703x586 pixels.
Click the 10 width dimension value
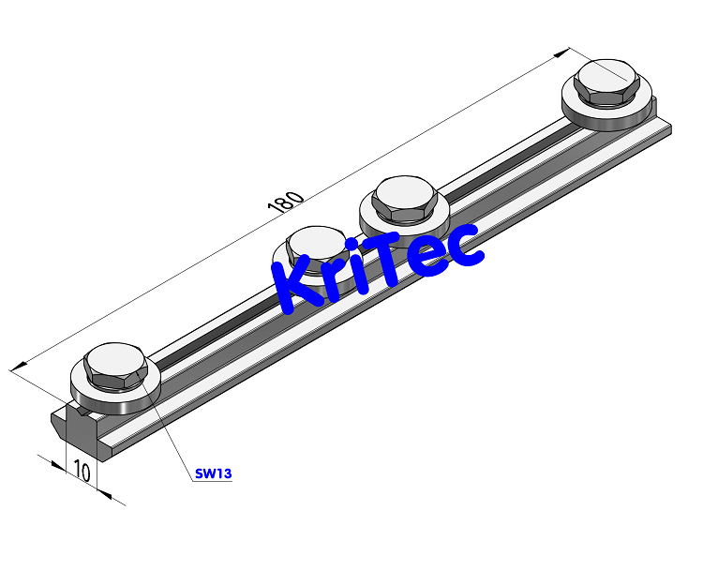point(82,472)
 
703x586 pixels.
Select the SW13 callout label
point(213,473)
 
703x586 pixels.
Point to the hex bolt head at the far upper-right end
point(608,82)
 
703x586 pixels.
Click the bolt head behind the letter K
point(317,249)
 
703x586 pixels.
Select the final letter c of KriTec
point(465,247)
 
